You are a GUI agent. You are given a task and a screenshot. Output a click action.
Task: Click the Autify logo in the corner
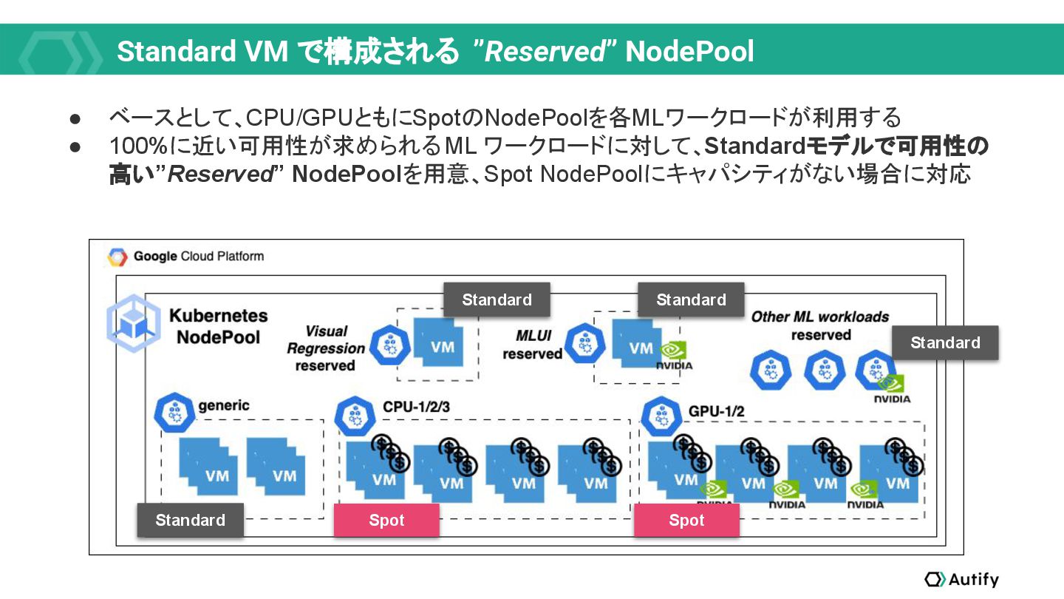tap(961, 579)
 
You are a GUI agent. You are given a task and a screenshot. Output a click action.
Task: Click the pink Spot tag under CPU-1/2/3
tap(386, 520)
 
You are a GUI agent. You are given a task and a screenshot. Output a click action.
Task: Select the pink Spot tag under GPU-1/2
tap(686, 520)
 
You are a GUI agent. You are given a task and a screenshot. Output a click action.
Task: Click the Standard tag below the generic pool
tap(191, 520)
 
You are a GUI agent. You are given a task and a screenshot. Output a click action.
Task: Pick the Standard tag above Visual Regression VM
tap(497, 299)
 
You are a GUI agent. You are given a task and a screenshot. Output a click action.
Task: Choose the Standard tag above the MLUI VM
tap(691, 299)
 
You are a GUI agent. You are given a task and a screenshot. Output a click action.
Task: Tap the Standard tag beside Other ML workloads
tap(945, 342)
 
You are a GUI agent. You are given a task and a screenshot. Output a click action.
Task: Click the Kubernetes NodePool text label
tap(218, 326)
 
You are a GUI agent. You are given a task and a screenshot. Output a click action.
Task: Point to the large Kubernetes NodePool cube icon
tap(133, 322)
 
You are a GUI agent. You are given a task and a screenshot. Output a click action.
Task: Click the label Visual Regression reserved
tap(326, 348)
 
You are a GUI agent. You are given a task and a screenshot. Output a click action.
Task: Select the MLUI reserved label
tap(532, 345)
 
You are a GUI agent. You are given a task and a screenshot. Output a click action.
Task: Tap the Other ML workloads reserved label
tap(820, 325)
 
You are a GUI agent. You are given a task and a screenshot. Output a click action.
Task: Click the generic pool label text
tap(224, 405)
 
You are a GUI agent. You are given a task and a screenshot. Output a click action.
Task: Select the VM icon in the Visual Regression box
tap(440, 345)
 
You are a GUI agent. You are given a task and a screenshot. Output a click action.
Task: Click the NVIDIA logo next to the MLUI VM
tap(675, 355)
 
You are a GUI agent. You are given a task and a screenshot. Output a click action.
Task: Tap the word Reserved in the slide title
tap(545, 52)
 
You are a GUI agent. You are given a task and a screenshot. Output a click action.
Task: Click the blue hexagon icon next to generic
tap(174, 412)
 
